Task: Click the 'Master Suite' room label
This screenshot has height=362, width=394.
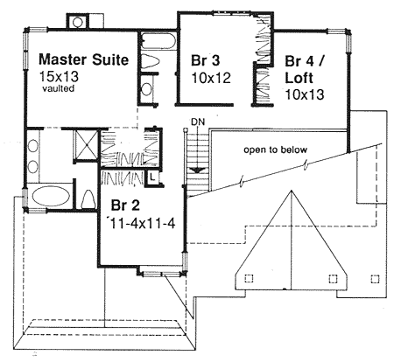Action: (83, 59)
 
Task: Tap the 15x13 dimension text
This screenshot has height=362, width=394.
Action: (60, 76)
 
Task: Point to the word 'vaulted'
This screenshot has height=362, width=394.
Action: (59, 88)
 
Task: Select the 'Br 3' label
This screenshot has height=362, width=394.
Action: (206, 60)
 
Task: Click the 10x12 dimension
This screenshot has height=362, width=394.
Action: (211, 78)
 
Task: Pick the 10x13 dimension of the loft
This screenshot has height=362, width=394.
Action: (305, 94)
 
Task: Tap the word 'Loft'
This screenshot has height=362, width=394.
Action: (299, 78)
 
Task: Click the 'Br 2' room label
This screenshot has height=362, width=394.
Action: (125, 205)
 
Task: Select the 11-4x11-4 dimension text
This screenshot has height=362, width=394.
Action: (142, 224)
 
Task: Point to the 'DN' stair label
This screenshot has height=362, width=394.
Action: (198, 122)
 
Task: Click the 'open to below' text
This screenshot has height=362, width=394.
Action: (276, 150)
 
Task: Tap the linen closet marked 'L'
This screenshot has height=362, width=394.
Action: (152, 177)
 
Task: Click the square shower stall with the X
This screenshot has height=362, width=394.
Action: (86, 144)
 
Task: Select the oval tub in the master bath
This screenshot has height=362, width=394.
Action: (51, 195)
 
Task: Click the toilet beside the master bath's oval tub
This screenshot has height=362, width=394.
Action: (88, 199)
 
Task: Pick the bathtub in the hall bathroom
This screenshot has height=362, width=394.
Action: (158, 41)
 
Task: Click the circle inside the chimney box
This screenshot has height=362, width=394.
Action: (78, 22)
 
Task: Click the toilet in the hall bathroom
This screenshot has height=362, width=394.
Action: (151, 62)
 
